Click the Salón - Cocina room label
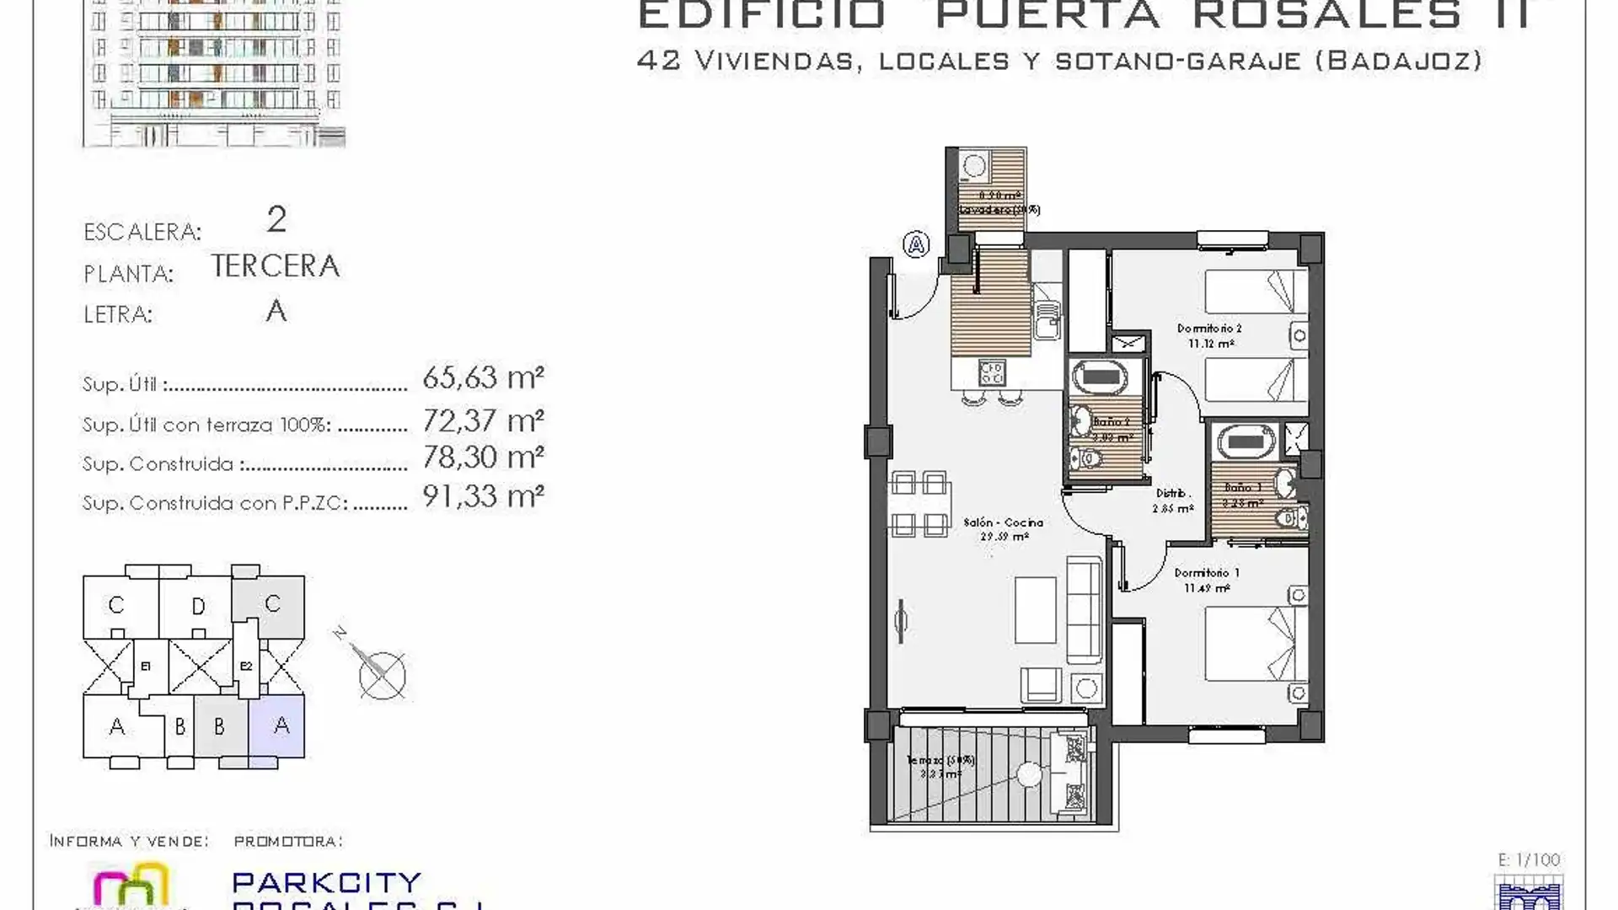1003,523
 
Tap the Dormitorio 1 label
1207,574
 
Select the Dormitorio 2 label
1209,329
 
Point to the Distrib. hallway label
1171,494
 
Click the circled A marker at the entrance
916,245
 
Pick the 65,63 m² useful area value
483,377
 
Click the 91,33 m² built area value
483,496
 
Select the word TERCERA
275,266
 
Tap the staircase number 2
276,220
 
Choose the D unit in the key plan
198,607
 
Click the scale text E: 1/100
1529,860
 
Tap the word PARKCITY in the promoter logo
326,882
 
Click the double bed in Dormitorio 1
1256,644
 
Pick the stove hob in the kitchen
992,372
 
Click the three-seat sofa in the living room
1085,610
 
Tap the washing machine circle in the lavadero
974,166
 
